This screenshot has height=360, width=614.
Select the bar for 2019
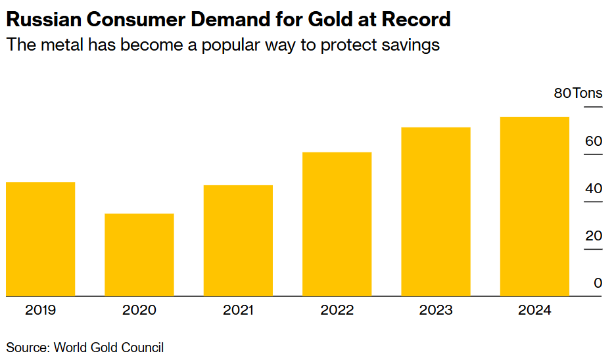tap(40, 239)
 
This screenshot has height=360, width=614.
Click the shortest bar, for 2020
tap(139, 255)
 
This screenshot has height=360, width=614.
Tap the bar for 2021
tap(238, 240)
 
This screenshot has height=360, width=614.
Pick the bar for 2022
tap(337, 224)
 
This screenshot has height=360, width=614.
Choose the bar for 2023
tap(435, 212)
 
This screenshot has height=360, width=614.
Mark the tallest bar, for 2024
tap(534, 206)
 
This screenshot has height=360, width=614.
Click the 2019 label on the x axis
tap(41, 310)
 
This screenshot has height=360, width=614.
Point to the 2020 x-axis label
tap(139, 310)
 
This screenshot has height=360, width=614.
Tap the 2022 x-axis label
tap(337, 310)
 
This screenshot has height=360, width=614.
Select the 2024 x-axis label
tap(534, 310)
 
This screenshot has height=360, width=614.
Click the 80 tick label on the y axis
tap(562, 93)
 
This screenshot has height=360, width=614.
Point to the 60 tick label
tap(594, 141)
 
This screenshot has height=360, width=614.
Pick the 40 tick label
tap(594, 189)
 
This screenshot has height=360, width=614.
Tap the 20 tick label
tap(594, 236)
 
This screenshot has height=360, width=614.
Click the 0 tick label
tap(598, 283)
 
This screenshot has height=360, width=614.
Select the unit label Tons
tap(587, 93)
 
